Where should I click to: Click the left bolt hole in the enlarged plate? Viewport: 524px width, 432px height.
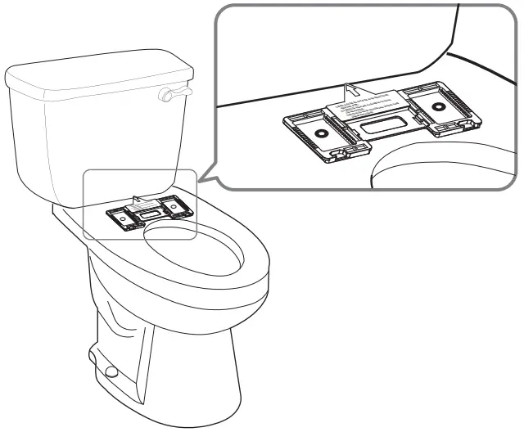pos(321,132)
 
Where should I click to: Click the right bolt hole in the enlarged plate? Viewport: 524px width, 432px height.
pos(438,106)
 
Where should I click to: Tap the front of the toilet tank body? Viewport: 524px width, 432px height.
pos(90,147)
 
